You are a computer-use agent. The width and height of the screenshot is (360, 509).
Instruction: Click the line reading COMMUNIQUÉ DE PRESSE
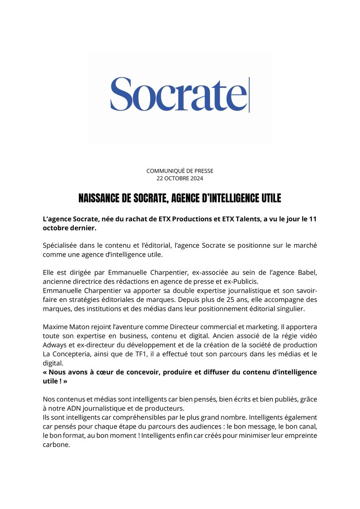[x=180, y=171]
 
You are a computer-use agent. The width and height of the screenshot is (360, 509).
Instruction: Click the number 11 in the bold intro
[x=313, y=218]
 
